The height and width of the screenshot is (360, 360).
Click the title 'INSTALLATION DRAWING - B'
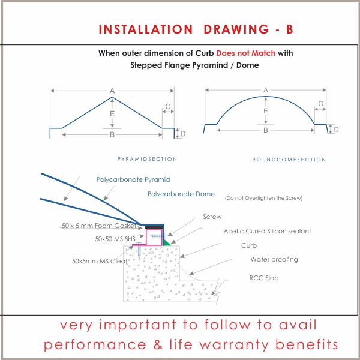pos(196,29)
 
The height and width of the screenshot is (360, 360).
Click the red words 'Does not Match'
pos(245,53)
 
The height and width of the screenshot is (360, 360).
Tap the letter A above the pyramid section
pos(112,91)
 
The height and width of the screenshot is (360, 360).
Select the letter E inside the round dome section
pos(266,111)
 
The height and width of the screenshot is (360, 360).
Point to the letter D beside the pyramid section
pos(183,134)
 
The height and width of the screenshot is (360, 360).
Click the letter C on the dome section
pos(320,104)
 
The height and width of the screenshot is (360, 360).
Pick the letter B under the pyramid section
pos(112,134)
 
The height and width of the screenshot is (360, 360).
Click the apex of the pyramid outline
pos(112,97)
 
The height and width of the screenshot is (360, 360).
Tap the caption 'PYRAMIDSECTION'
pos(147,159)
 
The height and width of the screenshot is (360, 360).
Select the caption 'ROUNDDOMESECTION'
pos(289,160)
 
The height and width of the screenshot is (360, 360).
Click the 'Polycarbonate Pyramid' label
pos(133,179)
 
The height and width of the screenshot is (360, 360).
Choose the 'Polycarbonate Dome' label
pos(181,194)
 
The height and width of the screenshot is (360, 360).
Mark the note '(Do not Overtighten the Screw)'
pos(263,198)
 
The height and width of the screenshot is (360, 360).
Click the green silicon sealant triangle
pos(166,243)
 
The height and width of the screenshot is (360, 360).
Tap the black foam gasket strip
pos(154,227)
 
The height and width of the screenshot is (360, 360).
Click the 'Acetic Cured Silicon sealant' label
pos(267,231)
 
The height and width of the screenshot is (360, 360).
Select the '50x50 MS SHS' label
pos(115,239)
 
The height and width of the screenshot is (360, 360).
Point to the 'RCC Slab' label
pos(264,278)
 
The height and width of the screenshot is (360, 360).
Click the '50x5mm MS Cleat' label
pos(100,261)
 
